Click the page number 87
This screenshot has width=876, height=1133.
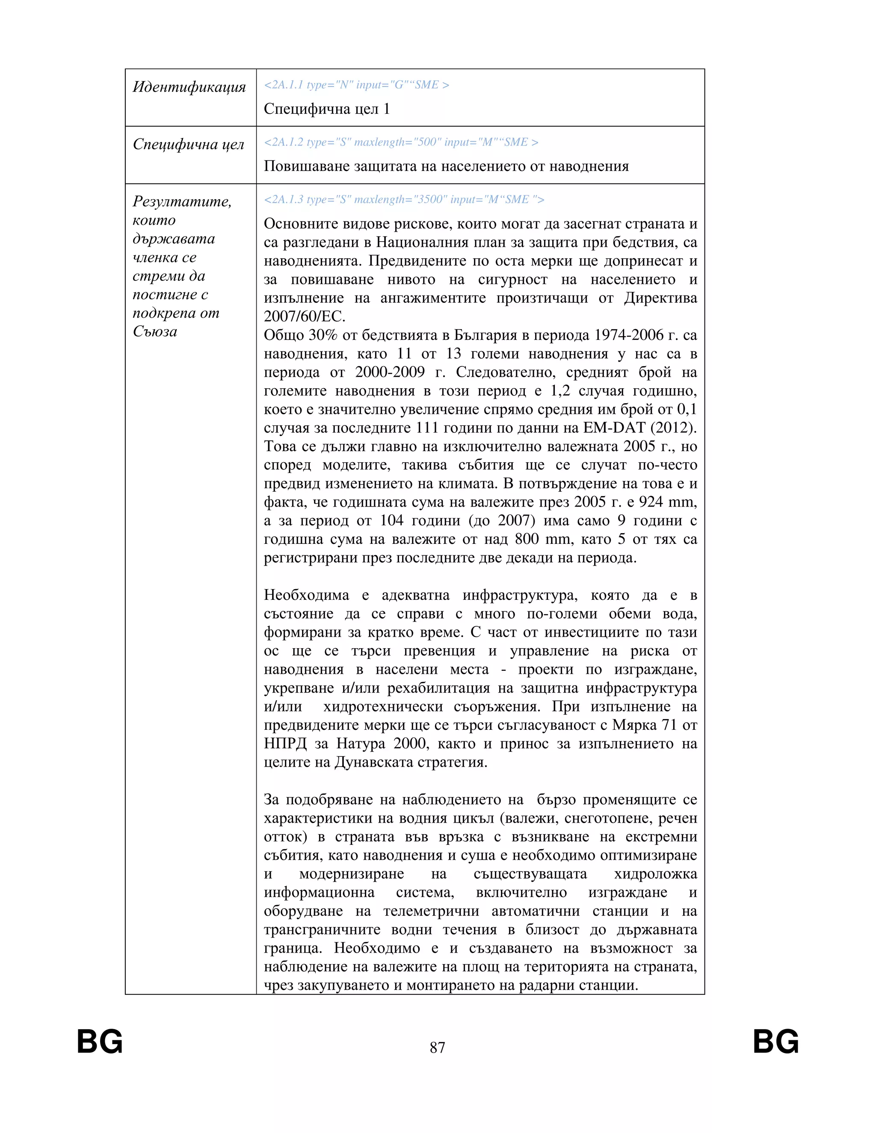click(x=438, y=1047)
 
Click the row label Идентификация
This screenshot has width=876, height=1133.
click(x=189, y=87)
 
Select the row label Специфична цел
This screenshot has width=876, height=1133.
click(x=188, y=144)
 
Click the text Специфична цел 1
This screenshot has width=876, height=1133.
click(x=326, y=109)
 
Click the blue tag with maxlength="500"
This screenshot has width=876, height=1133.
click(x=401, y=142)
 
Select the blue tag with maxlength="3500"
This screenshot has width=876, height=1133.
click(x=404, y=200)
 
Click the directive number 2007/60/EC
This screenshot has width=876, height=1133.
click(x=304, y=316)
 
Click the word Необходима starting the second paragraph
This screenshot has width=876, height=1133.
click(x=306, y=596)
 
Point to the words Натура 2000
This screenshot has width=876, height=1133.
click(x=382, y=744)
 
